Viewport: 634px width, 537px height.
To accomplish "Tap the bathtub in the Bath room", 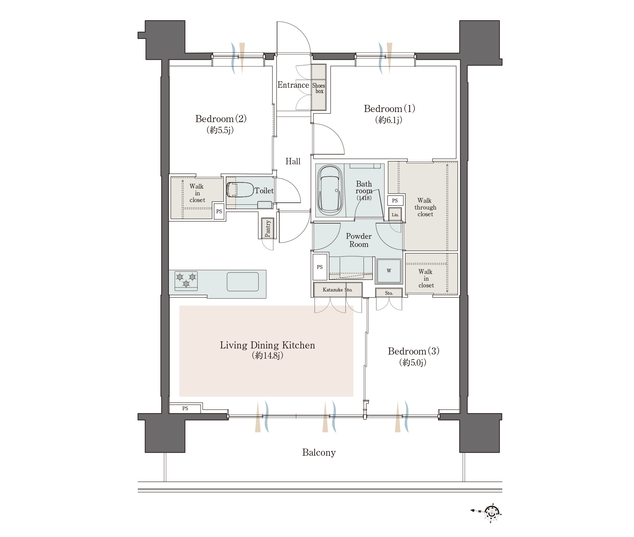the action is coord(330,190).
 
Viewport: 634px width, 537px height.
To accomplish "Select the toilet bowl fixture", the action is coord(240,190).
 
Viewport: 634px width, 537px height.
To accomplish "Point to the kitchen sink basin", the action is coord(242,281).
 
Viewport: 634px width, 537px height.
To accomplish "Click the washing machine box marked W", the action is coord(389,271).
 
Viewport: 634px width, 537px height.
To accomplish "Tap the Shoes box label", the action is coord(319,88).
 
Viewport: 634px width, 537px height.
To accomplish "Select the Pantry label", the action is coord(268,228).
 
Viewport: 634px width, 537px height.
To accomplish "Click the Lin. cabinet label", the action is coord(395,215).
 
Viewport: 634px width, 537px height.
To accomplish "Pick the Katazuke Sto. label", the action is coord(337,290).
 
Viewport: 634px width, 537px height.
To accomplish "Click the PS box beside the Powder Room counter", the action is coord(320,267).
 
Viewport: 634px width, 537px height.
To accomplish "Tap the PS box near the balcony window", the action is coord(185,408).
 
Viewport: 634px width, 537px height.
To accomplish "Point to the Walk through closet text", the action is coord(425,207).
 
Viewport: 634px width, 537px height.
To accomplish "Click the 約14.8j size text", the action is coord(267,355).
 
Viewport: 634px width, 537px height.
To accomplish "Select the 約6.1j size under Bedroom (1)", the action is coord(388,120).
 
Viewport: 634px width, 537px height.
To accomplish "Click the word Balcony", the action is coord(319,452).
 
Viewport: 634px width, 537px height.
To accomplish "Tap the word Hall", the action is coord(293,161).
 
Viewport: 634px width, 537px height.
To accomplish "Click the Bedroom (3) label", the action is coord(413,351).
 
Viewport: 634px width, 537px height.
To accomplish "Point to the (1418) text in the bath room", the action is coord(364,198).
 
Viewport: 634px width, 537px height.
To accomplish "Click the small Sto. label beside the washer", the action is coord(389,293).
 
